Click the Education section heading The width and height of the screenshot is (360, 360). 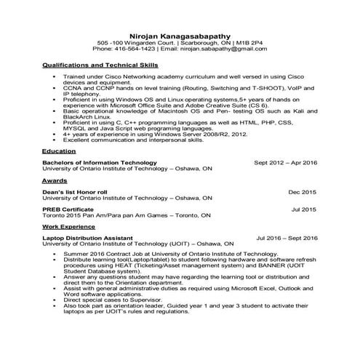tap(60, 151)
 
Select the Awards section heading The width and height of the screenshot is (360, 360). tap(55, 180)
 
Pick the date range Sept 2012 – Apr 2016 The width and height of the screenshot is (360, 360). tap(286, 162)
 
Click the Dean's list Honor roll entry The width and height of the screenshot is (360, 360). tap(75, 191)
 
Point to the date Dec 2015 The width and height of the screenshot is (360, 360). tap(303, 191)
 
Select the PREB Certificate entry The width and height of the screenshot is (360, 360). tap(71, 209)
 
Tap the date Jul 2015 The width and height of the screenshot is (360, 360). tap(304, 209)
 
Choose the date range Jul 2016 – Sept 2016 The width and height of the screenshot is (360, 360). tap(287, 238)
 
